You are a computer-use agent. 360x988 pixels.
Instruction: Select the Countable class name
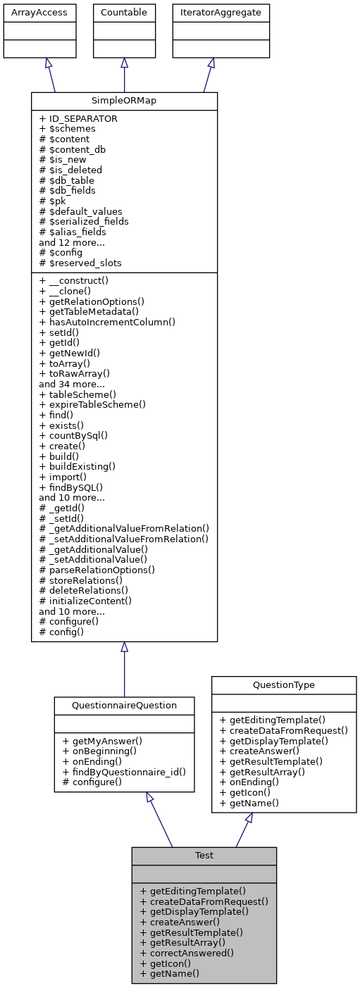click(x=124, y=12)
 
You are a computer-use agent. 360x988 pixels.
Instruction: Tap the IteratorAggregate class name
click(x=211, y=12)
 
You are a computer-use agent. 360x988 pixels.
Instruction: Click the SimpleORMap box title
click(x=124, y=101)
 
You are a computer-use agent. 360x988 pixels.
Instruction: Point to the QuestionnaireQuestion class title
click(x=124, y=705)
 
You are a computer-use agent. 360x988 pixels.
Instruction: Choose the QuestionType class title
click(x=284, y=685)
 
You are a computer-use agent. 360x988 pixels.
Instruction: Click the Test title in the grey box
click(x=204, y=856)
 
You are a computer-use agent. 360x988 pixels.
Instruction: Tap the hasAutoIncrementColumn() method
click(x=107, y=321)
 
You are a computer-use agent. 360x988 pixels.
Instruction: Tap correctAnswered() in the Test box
click(x=187, y=953)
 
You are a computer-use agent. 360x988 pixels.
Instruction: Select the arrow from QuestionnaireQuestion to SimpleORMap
click(x=124, y=669)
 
